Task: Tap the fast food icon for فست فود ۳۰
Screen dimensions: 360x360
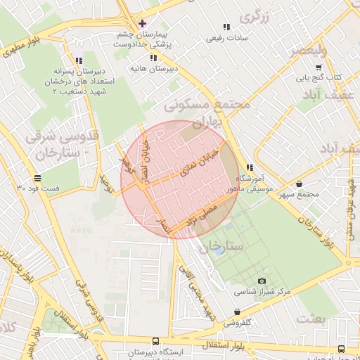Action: (x=37, y=178)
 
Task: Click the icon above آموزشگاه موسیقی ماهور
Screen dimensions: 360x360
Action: (x=250, y=167)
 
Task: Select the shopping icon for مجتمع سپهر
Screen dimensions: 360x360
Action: (x=300, y=184)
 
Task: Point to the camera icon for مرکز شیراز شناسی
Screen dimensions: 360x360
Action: (x=262, y=281)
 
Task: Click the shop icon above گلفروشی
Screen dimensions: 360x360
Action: (x=237, y=313)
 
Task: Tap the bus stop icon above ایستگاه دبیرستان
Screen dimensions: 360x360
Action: (x=155, y=340)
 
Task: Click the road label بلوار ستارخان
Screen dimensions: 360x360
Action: (x=315, y=231)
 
